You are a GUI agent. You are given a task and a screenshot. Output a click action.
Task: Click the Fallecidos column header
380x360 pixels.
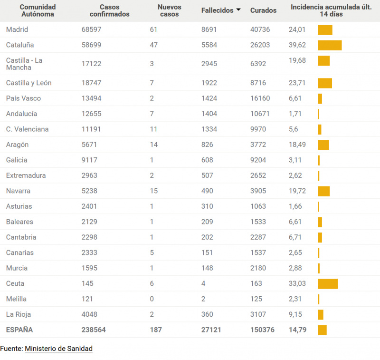(217, 10)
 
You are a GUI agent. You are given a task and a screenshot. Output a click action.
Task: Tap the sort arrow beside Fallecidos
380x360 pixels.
(238, 10)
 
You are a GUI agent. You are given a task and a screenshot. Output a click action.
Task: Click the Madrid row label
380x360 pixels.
(17, 29)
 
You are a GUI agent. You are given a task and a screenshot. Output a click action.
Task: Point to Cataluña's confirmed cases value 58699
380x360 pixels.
(91, 45)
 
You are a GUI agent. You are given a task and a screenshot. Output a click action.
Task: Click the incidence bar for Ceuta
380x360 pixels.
(328, 284)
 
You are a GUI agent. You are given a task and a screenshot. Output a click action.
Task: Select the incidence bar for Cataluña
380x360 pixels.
(330, 45)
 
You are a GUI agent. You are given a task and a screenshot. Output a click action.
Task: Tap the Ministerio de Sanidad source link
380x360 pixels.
(58, 349)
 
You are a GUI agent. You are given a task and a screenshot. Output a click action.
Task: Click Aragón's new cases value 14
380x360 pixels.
(154, 145)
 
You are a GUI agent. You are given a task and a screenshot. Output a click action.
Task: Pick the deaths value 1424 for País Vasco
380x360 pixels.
(209, 98)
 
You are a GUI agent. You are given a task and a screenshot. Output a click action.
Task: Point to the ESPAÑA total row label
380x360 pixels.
(19, 330)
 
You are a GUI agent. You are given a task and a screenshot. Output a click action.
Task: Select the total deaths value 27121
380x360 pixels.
(211, 330)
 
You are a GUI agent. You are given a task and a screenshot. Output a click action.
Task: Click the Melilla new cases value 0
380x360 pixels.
(152, 299)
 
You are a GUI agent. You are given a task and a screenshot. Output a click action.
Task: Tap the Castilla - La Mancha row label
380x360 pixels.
(24, 64)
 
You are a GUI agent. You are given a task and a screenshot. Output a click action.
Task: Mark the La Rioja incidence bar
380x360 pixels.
(321, 315)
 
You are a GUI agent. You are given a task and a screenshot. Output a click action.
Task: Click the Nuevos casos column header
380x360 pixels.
(170, 10)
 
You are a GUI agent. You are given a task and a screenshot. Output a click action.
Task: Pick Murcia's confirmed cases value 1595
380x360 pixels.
(89, 268)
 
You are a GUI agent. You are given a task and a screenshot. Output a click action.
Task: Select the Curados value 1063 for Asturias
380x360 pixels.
(258, 206)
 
